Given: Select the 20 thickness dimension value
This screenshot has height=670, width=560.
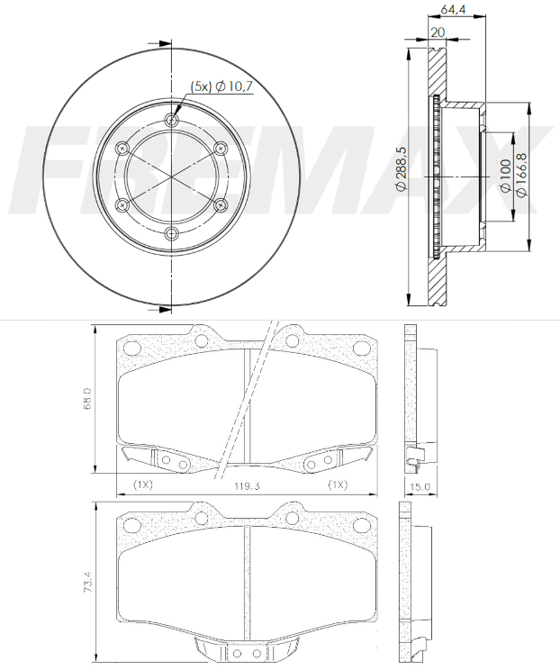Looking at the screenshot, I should (438, 32).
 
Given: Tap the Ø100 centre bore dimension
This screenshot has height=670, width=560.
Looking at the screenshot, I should (505, 168).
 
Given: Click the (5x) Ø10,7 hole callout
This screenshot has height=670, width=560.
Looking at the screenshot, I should (221, 87).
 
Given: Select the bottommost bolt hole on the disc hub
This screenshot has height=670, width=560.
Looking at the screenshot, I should (173, 235).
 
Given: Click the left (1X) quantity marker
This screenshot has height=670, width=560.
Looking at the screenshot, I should (142, 484).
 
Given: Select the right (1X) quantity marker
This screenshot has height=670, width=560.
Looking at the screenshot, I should (338, 484).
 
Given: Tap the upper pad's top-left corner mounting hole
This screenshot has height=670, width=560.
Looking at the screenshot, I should (136, 349).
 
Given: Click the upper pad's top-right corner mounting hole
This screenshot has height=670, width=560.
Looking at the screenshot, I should (360, 349).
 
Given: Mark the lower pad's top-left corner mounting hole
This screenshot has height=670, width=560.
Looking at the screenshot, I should (136, 523).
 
